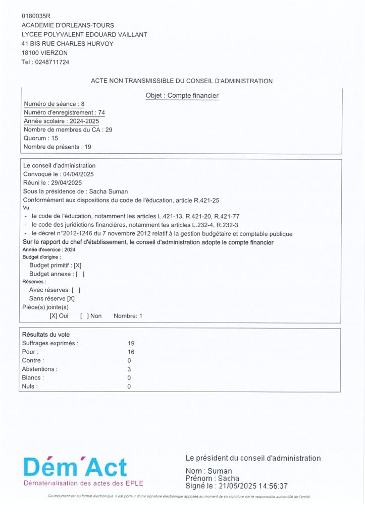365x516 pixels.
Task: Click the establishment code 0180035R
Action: tap(36, 16)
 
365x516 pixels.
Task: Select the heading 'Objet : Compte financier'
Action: tap(182, 95)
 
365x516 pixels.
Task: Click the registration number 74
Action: tap(101, 112)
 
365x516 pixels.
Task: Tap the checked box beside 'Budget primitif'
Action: tap(77, 265)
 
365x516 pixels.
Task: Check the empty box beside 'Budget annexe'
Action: tap(79, 274)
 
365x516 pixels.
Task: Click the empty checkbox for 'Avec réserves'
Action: tap(76, 290)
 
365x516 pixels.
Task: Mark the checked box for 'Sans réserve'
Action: tap(71, 299)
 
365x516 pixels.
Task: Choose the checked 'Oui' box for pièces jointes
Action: tap(53, 316)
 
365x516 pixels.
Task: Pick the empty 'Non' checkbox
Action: tap(84, 316)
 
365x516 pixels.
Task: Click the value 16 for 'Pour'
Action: tap(131, 352)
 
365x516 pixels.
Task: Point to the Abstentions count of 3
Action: tap(130, 369)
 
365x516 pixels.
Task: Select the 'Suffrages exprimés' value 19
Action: tap(131, 343)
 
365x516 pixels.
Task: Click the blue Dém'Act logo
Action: tap(75, 468)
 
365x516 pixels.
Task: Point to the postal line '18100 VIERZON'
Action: tap(44, 52)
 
